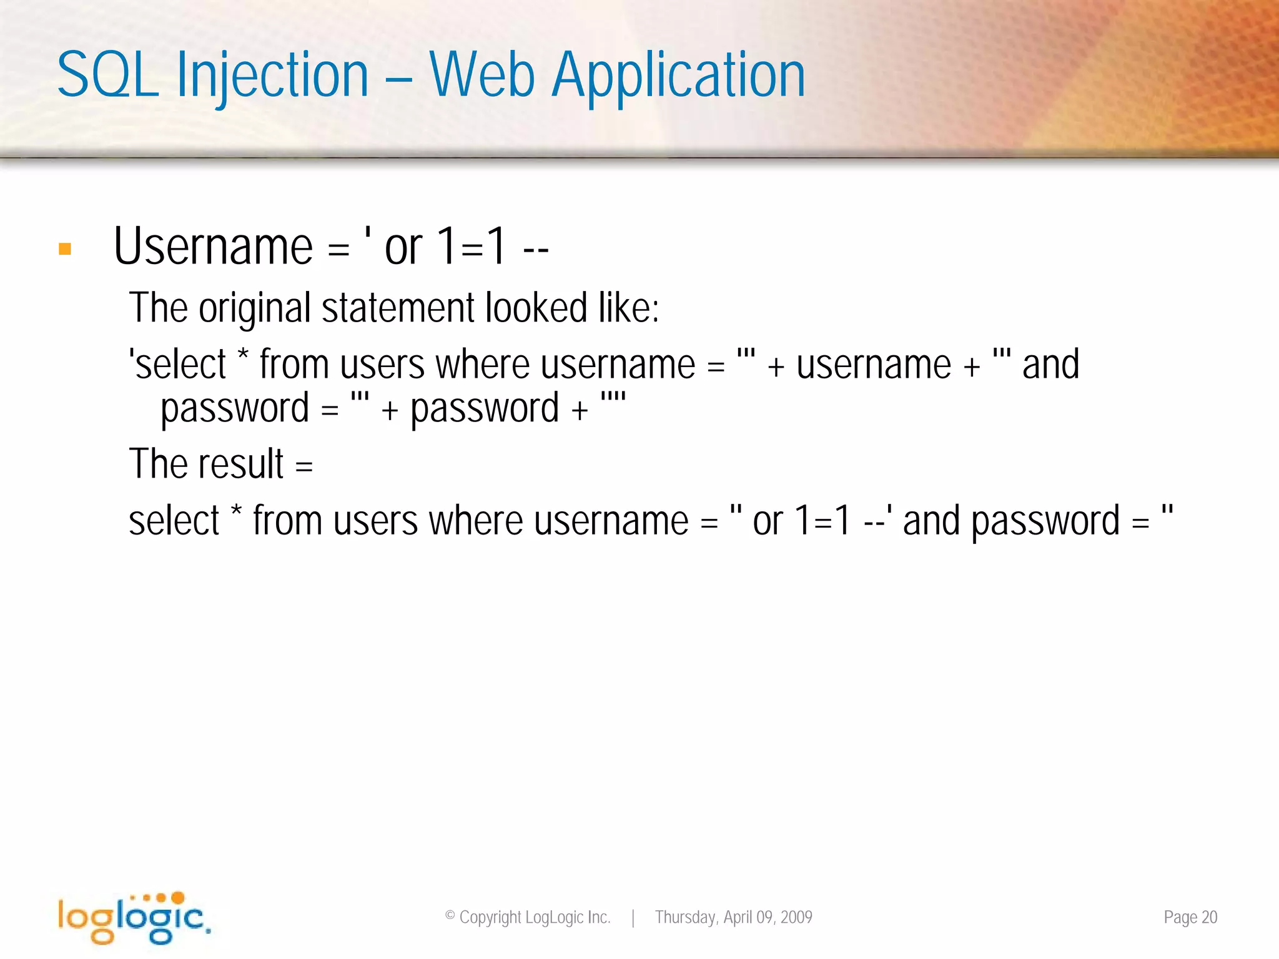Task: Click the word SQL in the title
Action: (x=107, y=76)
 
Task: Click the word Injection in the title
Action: (x=272, y=76)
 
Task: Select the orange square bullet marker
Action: (x=65, y=249)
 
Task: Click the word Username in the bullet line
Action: (x=213, y=247)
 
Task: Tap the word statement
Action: (x=398, y=308)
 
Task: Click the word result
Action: (x=240, y=464)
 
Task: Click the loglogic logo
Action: (x=133, y=917)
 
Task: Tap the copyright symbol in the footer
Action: (x=450, y=916)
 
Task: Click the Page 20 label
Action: (x=1190, y=917)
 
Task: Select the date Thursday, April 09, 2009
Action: (x=733, y=917)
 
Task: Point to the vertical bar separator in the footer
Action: (x=633, y=918)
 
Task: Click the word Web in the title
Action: (x=482, y=76)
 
